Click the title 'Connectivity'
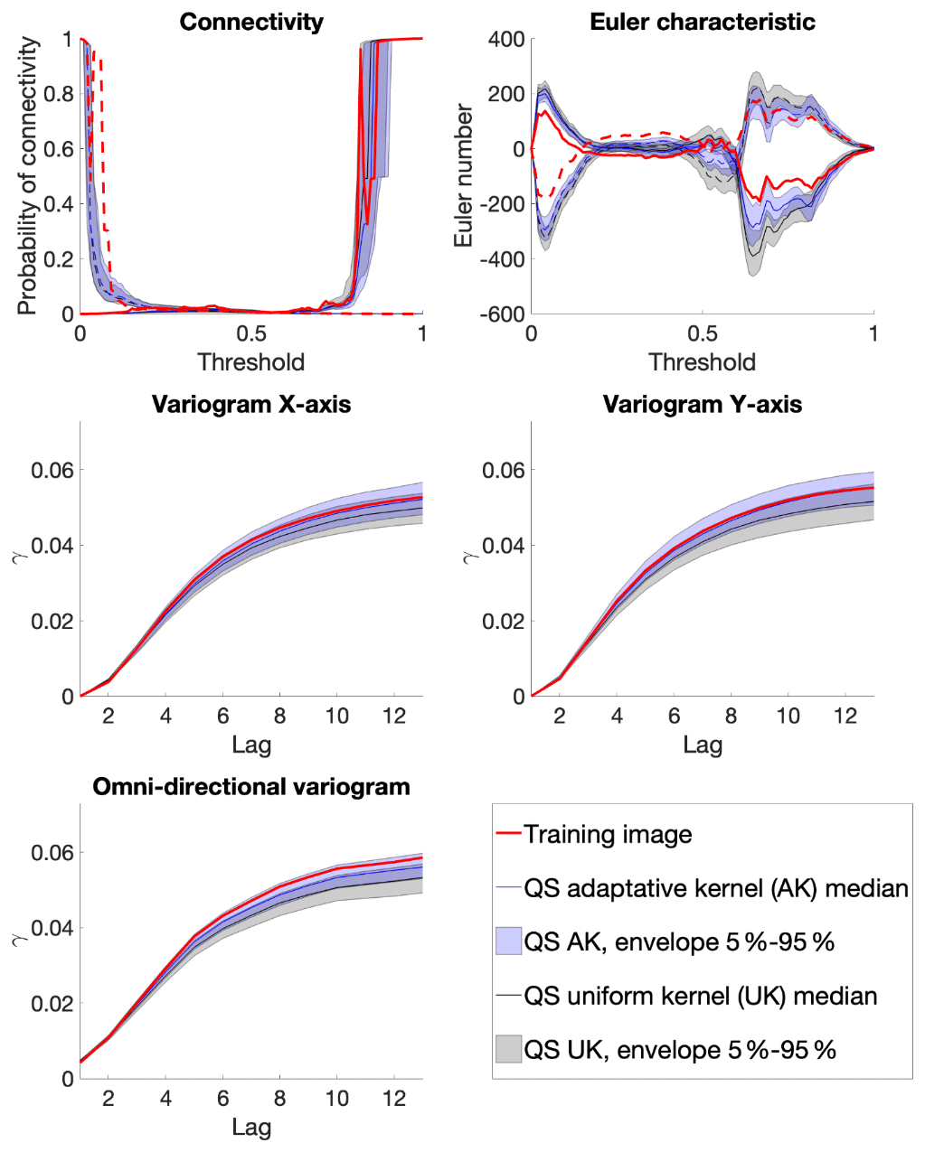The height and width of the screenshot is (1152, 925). (251, 22)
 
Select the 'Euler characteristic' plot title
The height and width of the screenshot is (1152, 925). (703, 22)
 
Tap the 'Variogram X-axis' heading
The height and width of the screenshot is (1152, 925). (251, 404)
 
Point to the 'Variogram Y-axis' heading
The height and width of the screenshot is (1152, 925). (703, 404)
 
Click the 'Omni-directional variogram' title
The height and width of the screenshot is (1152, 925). (251, 787)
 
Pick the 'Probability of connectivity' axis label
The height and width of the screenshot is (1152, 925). (28, 176)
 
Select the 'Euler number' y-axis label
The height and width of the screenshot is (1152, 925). (465, 175)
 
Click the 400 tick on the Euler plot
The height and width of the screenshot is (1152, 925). (506, 40)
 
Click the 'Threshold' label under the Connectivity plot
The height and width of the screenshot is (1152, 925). (251, 362)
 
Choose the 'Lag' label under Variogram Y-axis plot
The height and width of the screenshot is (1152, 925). (703, 745)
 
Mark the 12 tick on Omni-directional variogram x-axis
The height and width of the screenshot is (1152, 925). (394, 1099)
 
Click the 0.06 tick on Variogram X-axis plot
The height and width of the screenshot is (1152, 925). (52, 470)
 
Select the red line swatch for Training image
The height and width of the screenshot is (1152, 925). (508, 834)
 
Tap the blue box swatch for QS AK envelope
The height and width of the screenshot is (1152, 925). (508, 942)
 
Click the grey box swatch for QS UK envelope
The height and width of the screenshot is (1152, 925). (508, 1050)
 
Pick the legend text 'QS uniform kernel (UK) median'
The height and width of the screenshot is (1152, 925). (701, 996)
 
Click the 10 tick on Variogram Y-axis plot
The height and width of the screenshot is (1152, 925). (788, 716)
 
